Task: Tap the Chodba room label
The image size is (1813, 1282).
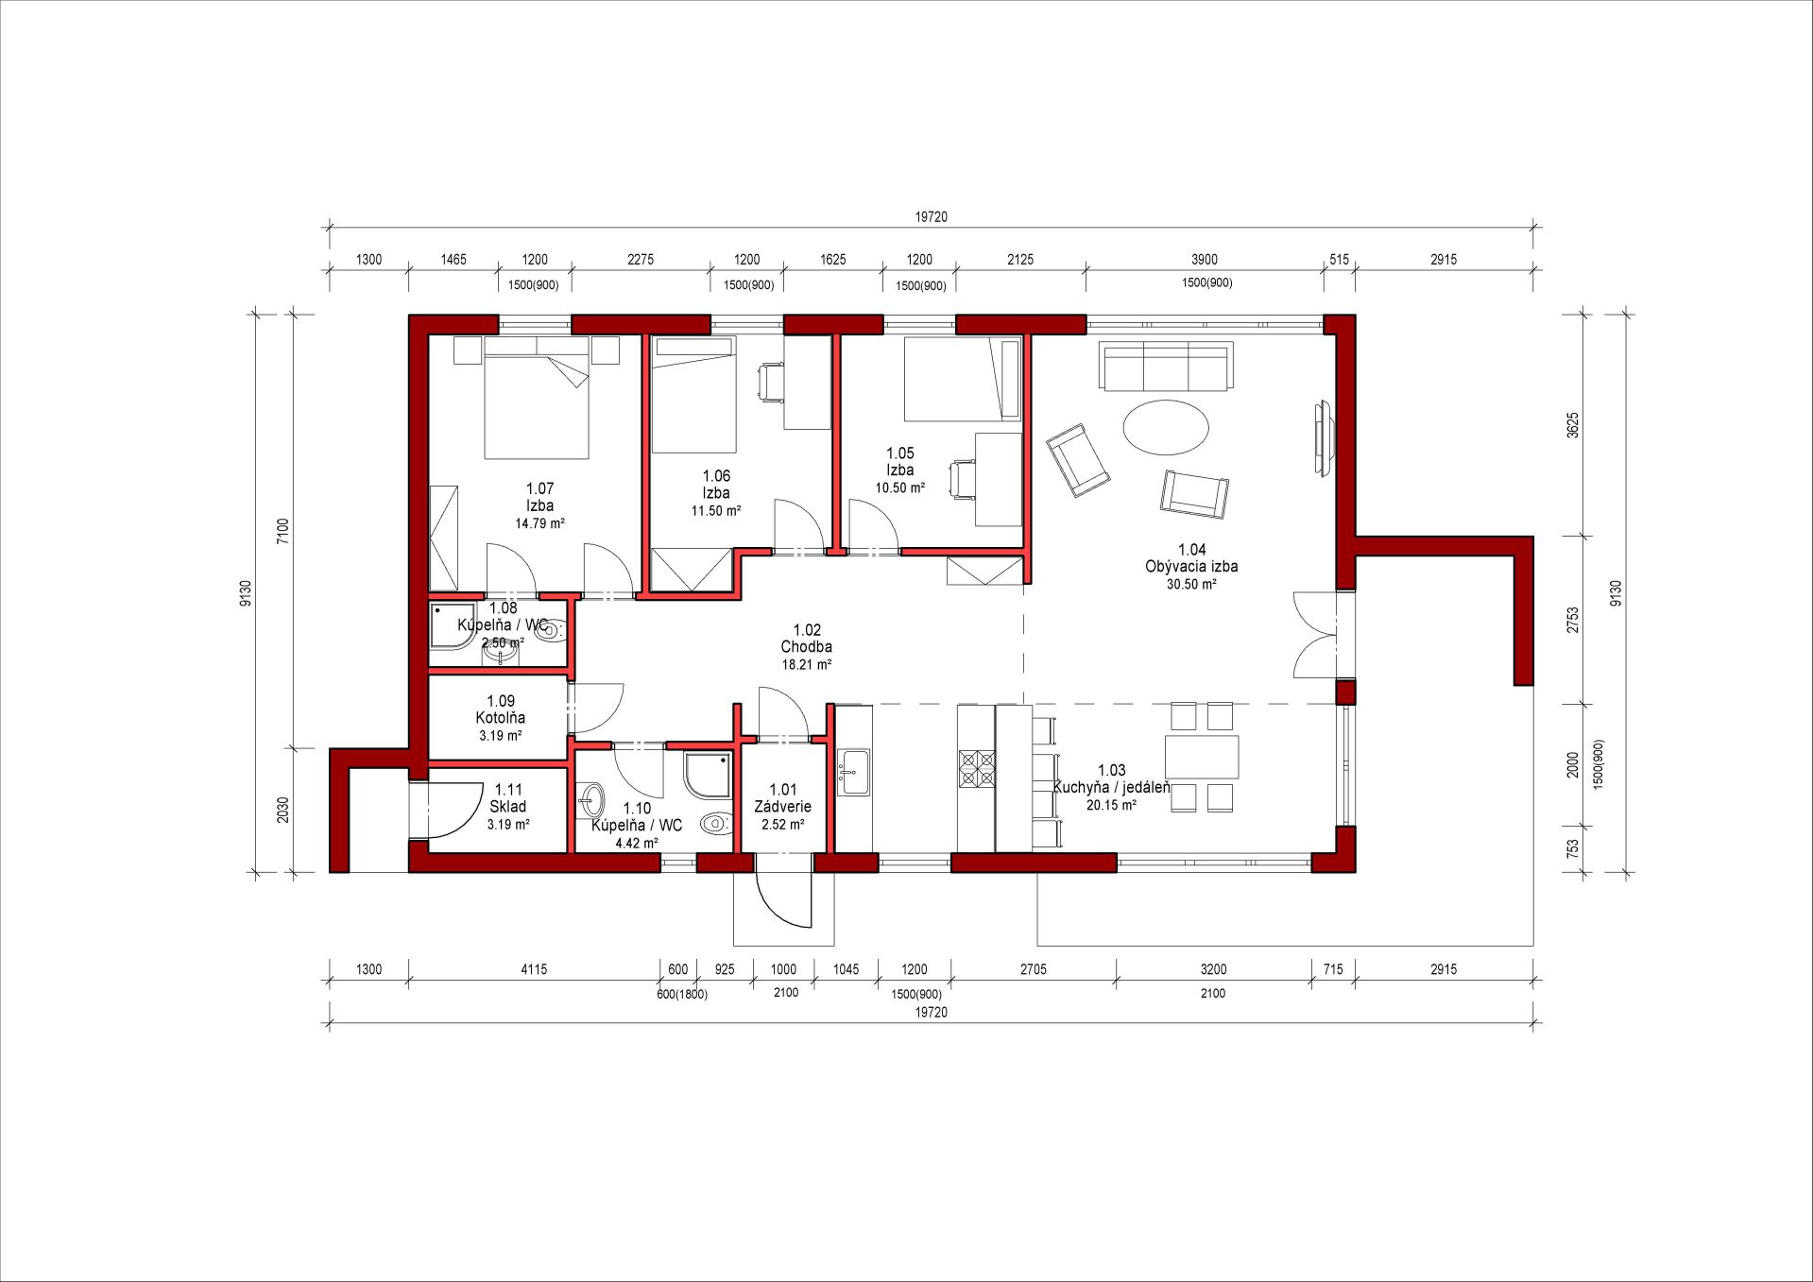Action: (x=806, y=647)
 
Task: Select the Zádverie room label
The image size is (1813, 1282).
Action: (x=782, y=807)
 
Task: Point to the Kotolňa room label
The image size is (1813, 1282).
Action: (x=500, y=718)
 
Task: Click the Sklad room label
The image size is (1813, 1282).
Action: (x=507, y=807)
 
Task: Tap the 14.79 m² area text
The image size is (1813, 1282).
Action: (x=539, y=523)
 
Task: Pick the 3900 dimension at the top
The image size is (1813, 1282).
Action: (x=1204, y=260)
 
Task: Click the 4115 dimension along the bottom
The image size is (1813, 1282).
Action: (x=534, y=969)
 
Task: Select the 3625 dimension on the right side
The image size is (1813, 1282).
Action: (x=1572, y=425)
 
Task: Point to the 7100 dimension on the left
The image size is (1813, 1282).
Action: (x=282, y=532)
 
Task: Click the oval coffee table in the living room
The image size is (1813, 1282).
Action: (x=1166, y=428)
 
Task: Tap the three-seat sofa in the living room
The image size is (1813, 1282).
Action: (x=1166, y=367)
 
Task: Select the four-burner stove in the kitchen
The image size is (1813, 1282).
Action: (x=977, y=768)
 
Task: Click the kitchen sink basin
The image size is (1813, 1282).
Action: (x=854, y=772)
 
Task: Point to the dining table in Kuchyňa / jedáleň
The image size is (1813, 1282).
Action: (x=1202, y=757)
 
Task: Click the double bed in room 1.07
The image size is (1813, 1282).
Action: (x=538, y=399)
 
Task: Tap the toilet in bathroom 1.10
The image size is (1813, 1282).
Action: (x=716, y=823)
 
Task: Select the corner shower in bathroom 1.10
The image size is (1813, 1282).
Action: (x=708, y=775)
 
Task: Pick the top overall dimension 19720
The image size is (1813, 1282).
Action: (x=931, y=217)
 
